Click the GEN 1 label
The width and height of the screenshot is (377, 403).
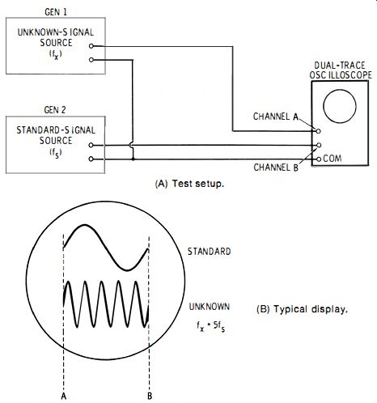click(x=56, y=12)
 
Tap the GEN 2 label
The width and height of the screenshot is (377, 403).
click(x=55, y=110)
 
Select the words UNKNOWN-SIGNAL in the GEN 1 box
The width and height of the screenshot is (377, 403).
click(x=56, y=32)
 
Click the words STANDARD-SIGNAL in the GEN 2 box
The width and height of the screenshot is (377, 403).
click(x=56, y=130)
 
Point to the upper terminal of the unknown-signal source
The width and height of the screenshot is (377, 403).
click(x=91, y=46)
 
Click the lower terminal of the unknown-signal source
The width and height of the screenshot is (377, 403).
click(x=91, y=60)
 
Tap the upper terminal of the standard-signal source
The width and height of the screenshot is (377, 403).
click(x=91, y=145)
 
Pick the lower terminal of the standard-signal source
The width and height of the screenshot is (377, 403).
click(x=91, y=159)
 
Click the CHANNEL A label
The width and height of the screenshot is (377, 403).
click(x=276, y=117)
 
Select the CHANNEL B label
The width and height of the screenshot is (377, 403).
click(x=276, y=168)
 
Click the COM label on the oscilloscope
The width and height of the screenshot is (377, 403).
click(x=333, y=159)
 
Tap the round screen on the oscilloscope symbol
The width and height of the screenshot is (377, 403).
click(x=340, y=106)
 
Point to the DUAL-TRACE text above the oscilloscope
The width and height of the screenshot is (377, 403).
click(x=340, y=66)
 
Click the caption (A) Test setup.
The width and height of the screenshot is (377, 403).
click(x=189, y=184)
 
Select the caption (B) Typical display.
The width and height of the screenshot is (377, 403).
click(x=302, y=309)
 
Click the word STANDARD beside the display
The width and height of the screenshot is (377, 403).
click(x=210, y=252)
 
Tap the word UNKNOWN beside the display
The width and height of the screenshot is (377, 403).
click(x=210, y=307)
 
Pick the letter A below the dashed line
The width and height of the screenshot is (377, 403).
click(x=64, y=396)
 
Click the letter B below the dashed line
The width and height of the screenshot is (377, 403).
click(x=150, y=396)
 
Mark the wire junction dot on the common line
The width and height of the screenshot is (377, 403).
click(x=133, y=159)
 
